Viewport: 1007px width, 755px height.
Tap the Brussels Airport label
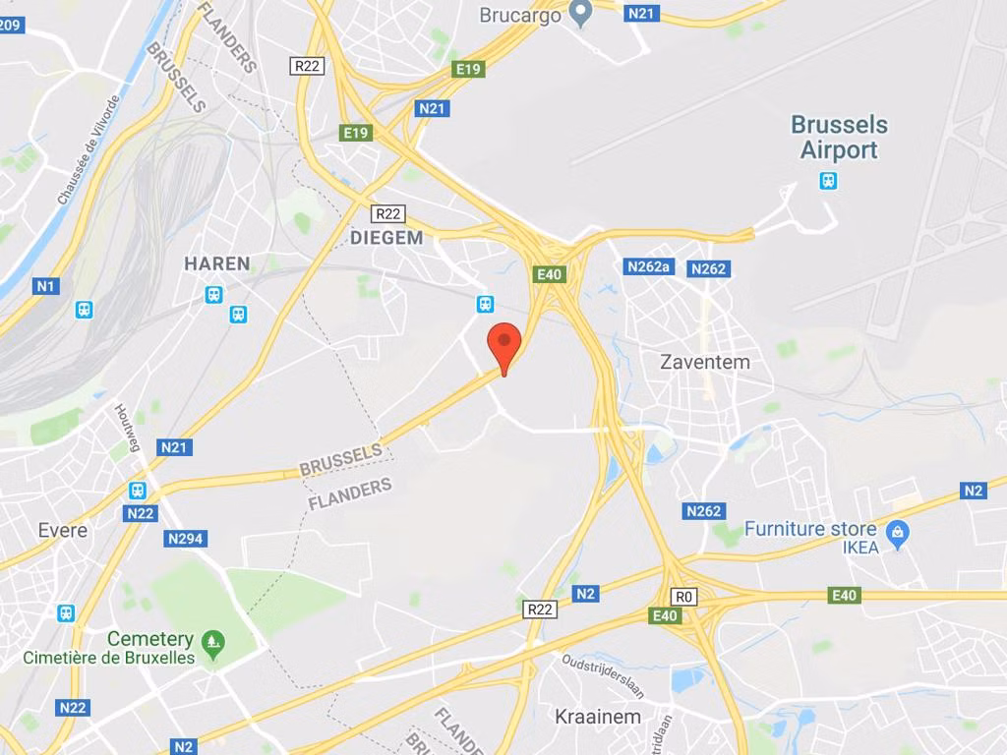[x=839, y=138]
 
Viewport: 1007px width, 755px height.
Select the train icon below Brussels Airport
[x=829, y=181]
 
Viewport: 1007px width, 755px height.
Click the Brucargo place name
[x=520, y=15]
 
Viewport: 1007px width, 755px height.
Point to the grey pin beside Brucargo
[x=581, y=13]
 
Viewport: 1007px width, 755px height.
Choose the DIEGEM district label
[x=386, y=238]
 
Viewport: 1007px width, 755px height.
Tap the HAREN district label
[x=217, y=263]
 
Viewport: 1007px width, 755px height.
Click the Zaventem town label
[x=704, y=362]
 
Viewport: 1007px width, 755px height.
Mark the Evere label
[x=63, y=530]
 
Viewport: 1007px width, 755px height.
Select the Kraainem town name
[x=598, y=716]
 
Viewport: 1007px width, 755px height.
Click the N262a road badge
[x=649, y=266]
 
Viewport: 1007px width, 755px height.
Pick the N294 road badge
[x=186, y=539]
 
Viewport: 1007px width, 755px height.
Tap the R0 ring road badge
[x=683, y=597]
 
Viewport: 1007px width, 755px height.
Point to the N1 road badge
[x=45, y=286]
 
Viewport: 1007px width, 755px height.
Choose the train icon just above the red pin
[x=485, y=304]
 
